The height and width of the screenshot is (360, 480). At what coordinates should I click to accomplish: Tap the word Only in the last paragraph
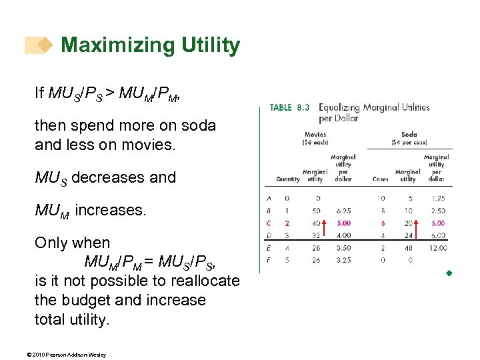point(53,243)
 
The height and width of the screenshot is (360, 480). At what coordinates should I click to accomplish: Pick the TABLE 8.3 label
point(289,107)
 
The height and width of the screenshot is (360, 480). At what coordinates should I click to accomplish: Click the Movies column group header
point(315,134)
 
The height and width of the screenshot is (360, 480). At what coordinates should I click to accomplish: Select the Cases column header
point(380,179)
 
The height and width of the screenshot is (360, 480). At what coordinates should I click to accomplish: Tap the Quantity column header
point(288,179)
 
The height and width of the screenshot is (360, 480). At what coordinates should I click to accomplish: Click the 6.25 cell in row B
point(344,211)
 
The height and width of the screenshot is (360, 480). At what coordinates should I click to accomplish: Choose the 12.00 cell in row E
point(437,247)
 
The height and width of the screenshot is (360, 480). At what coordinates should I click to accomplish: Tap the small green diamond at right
point(449,273)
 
